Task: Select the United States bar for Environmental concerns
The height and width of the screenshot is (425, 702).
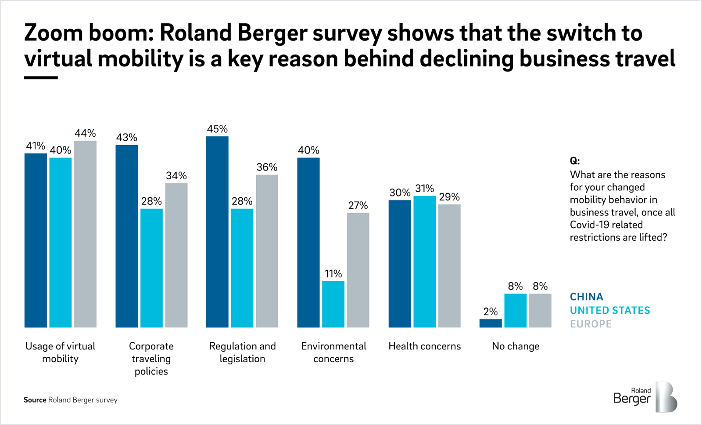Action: click(333, 304)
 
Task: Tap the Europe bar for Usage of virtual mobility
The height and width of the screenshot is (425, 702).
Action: click(85, 234)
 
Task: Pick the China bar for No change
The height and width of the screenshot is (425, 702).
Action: click(491, 323)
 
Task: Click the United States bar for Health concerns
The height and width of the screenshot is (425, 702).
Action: click(425, 262)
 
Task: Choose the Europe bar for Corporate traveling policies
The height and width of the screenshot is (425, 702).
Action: click(176, 255)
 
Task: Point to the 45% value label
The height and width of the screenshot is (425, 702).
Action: click(217, 129)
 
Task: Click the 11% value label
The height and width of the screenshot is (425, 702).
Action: click(333, 274)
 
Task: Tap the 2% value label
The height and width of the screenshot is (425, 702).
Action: click(491, 312)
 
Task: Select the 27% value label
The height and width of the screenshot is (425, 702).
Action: click(358, 206)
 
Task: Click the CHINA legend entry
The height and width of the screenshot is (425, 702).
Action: click(586, 297)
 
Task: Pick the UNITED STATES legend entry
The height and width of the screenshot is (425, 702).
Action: click(610, 310)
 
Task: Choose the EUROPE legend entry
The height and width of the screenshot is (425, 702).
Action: click(591, 324)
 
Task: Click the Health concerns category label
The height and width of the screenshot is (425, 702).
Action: click(425, 346)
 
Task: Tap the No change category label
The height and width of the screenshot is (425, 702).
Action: click(516, 346)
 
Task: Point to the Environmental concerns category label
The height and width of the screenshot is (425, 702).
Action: click(333, 352)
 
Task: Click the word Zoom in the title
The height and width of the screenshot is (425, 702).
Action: click(54, 33)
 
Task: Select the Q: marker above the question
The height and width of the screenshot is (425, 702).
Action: click(575, 161)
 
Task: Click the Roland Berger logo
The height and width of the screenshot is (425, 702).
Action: click(645, 397)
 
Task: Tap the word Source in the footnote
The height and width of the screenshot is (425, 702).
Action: click(35, 400)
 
